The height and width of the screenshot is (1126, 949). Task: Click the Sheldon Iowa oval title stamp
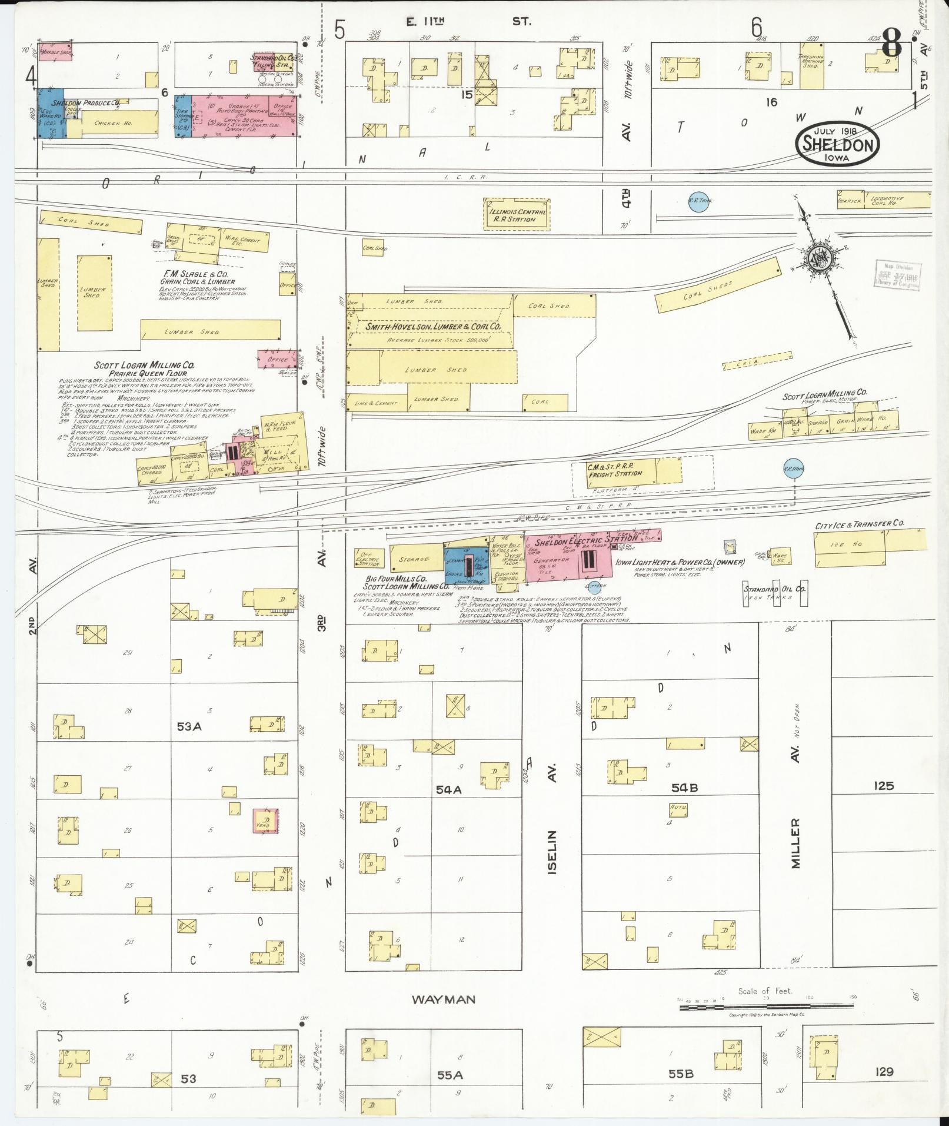(x=838, y=144)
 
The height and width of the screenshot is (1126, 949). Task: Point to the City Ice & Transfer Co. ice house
(x=850, y=545)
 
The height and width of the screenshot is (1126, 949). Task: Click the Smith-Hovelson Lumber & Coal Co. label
(x=432, y=326)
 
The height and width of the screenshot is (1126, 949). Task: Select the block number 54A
(x=448, y=790)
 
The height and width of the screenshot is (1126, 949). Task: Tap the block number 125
(x=883, y=786)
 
